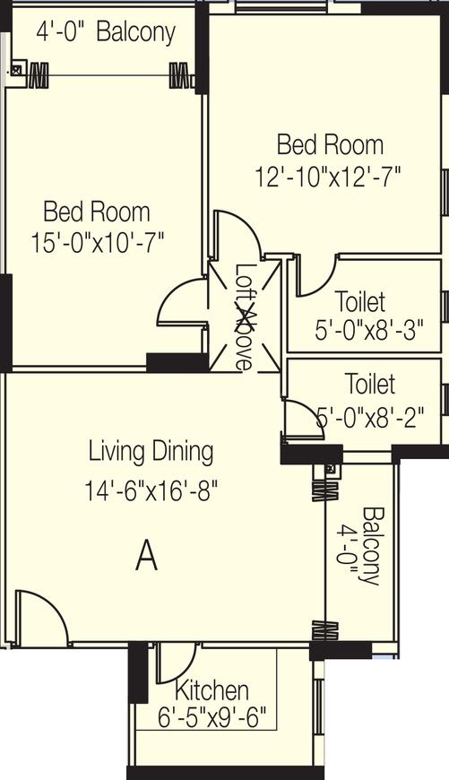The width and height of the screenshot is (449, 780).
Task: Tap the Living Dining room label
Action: (151, 451)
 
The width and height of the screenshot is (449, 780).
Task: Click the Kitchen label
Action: (212, 690)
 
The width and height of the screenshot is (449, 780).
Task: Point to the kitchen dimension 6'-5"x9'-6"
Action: (213, 717)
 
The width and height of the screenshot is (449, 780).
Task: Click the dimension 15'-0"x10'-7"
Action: (97, 242)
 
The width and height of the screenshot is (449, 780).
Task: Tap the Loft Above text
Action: (244, 316)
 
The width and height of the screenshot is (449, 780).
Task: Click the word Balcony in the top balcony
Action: (135, 32)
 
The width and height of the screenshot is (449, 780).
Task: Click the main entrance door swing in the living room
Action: (41, 618)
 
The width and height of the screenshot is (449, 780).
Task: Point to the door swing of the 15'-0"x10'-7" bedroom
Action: (183, 303)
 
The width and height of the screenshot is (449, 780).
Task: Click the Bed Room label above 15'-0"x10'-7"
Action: (97, 212)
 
